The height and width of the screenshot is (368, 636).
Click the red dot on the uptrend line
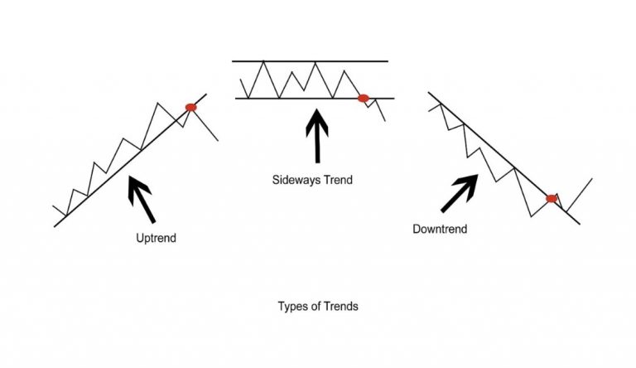(x=191, y=107)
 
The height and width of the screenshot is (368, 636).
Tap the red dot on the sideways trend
(x=363, y=99)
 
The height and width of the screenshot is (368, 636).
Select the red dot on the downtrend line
(x=552, y=198)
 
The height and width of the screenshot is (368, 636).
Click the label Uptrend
(x=156, y=238)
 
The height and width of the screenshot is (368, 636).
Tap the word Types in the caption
(x=291, y=306)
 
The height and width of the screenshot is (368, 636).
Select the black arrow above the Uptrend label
(x=142, y=198)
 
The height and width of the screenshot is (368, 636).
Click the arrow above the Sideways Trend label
(x=317, y=137)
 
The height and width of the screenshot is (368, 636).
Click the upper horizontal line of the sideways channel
(x=311, y=61)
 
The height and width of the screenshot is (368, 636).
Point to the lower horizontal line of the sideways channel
(x=298, y=99)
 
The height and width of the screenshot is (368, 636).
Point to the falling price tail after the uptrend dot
(x=207, y=127)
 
